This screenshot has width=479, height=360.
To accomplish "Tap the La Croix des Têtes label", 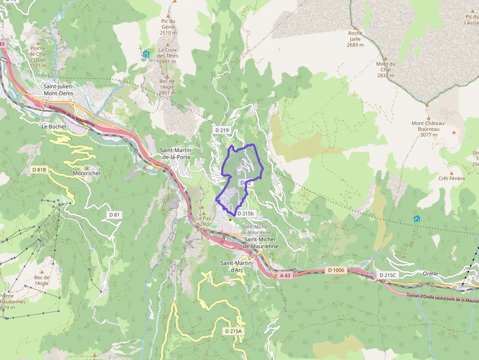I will pos(168,53).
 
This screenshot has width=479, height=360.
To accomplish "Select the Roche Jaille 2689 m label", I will pos(355,39).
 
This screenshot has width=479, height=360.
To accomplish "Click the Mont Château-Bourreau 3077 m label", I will pos(425,129).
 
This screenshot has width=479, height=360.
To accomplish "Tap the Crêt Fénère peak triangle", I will pos(451,173).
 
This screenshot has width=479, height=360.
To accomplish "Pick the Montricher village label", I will pos(87,173).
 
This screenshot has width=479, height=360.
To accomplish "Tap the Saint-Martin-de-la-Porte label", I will pos(177,153).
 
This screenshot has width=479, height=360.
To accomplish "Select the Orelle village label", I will pos(431,274).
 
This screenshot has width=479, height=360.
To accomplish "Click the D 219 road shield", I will pos(222,130).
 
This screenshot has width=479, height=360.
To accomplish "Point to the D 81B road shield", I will pos(39,169).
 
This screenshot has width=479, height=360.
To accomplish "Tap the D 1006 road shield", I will pos(336,270).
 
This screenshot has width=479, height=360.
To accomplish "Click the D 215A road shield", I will pos(233,331).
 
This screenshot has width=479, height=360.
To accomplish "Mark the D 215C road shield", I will pos(388,275).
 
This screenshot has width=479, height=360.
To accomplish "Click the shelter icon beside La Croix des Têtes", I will pos(146,54).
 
